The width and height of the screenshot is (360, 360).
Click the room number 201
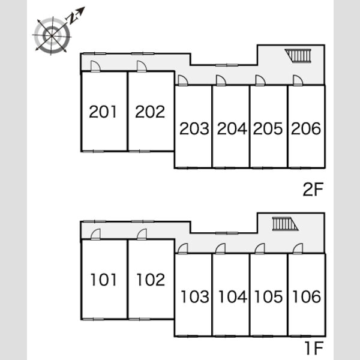[103, 112]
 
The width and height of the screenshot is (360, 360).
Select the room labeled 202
[150, 112]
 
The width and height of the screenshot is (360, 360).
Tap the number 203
[194, 128]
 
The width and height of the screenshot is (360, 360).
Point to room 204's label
[232, 128]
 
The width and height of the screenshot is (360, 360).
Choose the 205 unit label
[268, 128]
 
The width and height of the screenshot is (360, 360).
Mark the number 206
[306, 128]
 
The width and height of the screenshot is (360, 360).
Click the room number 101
[104, 280]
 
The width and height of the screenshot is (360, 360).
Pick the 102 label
[151, 280]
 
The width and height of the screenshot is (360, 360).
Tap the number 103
[195, 296]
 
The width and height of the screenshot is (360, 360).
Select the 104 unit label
[233, 296]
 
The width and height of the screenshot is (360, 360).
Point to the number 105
[269, 296]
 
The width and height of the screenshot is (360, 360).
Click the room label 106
[307, 296]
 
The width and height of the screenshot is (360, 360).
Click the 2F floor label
[313, 189]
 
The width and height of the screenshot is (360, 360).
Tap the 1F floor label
[314, 348]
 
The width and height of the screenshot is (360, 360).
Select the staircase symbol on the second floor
[298, 56]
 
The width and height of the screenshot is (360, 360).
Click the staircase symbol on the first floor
[285, 224]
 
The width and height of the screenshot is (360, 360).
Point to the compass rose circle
[52, 35]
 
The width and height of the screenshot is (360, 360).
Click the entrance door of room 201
[95, 67]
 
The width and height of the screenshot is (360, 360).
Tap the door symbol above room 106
[298, 249]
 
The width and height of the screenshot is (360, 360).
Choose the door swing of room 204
[221, 80]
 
